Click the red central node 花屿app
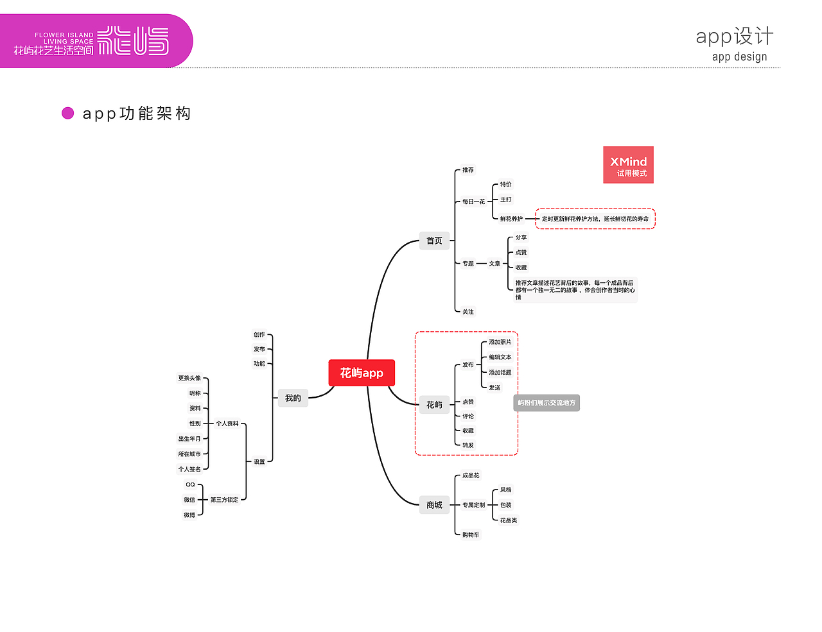362,373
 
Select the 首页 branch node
434,241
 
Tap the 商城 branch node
434,505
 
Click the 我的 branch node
293,398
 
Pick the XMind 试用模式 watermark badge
628,165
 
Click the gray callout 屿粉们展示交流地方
547,403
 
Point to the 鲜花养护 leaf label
511,219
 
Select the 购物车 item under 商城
471,534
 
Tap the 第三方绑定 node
224,500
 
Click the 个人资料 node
227,423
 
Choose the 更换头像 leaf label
189,378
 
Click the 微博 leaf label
189,515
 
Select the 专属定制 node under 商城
474,505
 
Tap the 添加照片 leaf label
500,342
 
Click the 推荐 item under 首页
468,170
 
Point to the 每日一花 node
474,201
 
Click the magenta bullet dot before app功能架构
67,114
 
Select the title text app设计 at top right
735,36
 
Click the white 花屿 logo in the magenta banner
133,41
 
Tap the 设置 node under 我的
259,461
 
